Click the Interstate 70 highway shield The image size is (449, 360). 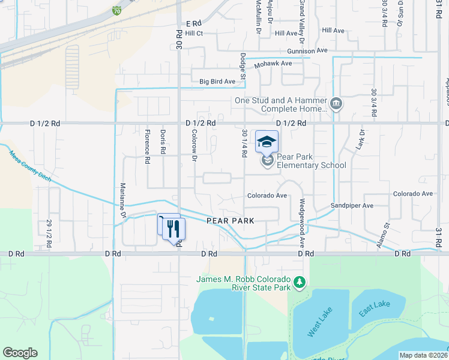(116, 10)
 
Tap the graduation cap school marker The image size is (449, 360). (267, 142)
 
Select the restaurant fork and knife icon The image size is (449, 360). (173, 228)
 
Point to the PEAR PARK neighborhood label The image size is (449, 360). (231, 221)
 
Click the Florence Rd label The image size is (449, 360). (146, 146)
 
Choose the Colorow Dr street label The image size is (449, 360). (194, 146)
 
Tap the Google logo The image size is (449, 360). (20, 353)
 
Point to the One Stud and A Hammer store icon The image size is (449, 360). (336, 104)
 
